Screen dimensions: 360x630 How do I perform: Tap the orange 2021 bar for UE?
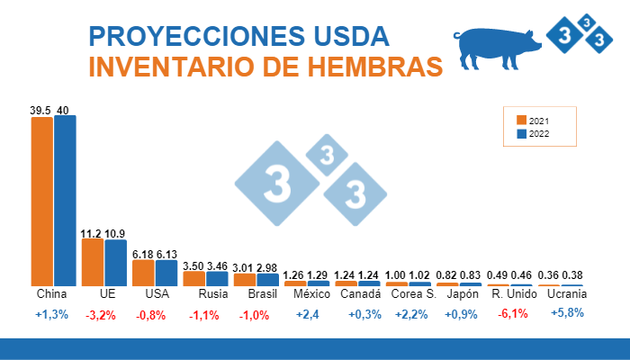click(92, 262)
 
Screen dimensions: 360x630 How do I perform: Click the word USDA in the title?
click(342, 37)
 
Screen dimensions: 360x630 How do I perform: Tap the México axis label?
click(307, 294)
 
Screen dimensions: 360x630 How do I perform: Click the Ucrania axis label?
click(567, 294)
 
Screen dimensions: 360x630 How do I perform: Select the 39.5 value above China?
click(40, 110)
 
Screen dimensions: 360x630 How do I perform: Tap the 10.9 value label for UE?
click(115, 233)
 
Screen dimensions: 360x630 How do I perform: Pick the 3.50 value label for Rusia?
click(193, 266)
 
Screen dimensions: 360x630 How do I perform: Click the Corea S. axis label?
click(415, 294)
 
